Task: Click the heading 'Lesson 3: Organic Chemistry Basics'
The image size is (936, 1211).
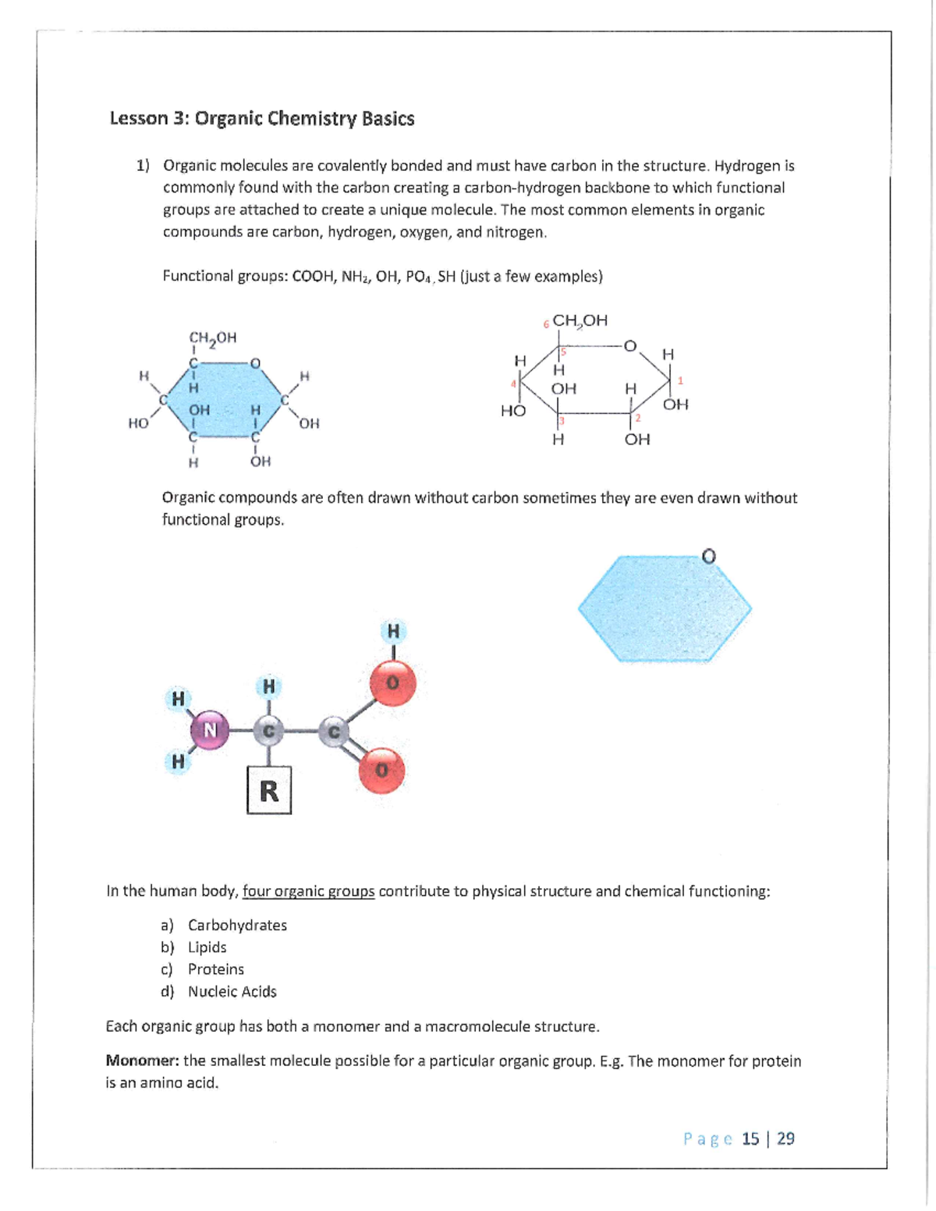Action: pos(261,119)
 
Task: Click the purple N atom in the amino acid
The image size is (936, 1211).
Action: pos(210,730)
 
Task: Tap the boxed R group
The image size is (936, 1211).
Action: pos(269,791)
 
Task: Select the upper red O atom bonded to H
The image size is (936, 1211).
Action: pos(393,683)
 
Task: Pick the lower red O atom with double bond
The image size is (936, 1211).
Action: pos(381,770)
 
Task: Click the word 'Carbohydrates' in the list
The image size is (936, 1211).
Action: pos(237,925)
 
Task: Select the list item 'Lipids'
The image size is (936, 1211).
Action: pos(207,947)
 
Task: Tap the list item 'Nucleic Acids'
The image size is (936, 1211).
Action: pos(232,991)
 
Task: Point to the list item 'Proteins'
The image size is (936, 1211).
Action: pos(215,968)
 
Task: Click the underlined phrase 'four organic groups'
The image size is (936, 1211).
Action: pos(308,891)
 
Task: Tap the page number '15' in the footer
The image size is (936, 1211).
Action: pos(750,1138)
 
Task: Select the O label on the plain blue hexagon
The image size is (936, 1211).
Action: pos(708,556)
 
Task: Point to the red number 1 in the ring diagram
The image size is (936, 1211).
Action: pos(680,381)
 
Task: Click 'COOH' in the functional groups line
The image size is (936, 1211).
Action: pos(312,276)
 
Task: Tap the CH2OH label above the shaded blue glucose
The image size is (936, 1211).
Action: pos(212,338)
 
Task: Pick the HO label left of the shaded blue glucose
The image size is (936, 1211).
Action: pos(138,423)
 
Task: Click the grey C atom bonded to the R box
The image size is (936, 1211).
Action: pos(268,731)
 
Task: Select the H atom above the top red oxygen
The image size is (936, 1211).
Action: pos(393,630)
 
